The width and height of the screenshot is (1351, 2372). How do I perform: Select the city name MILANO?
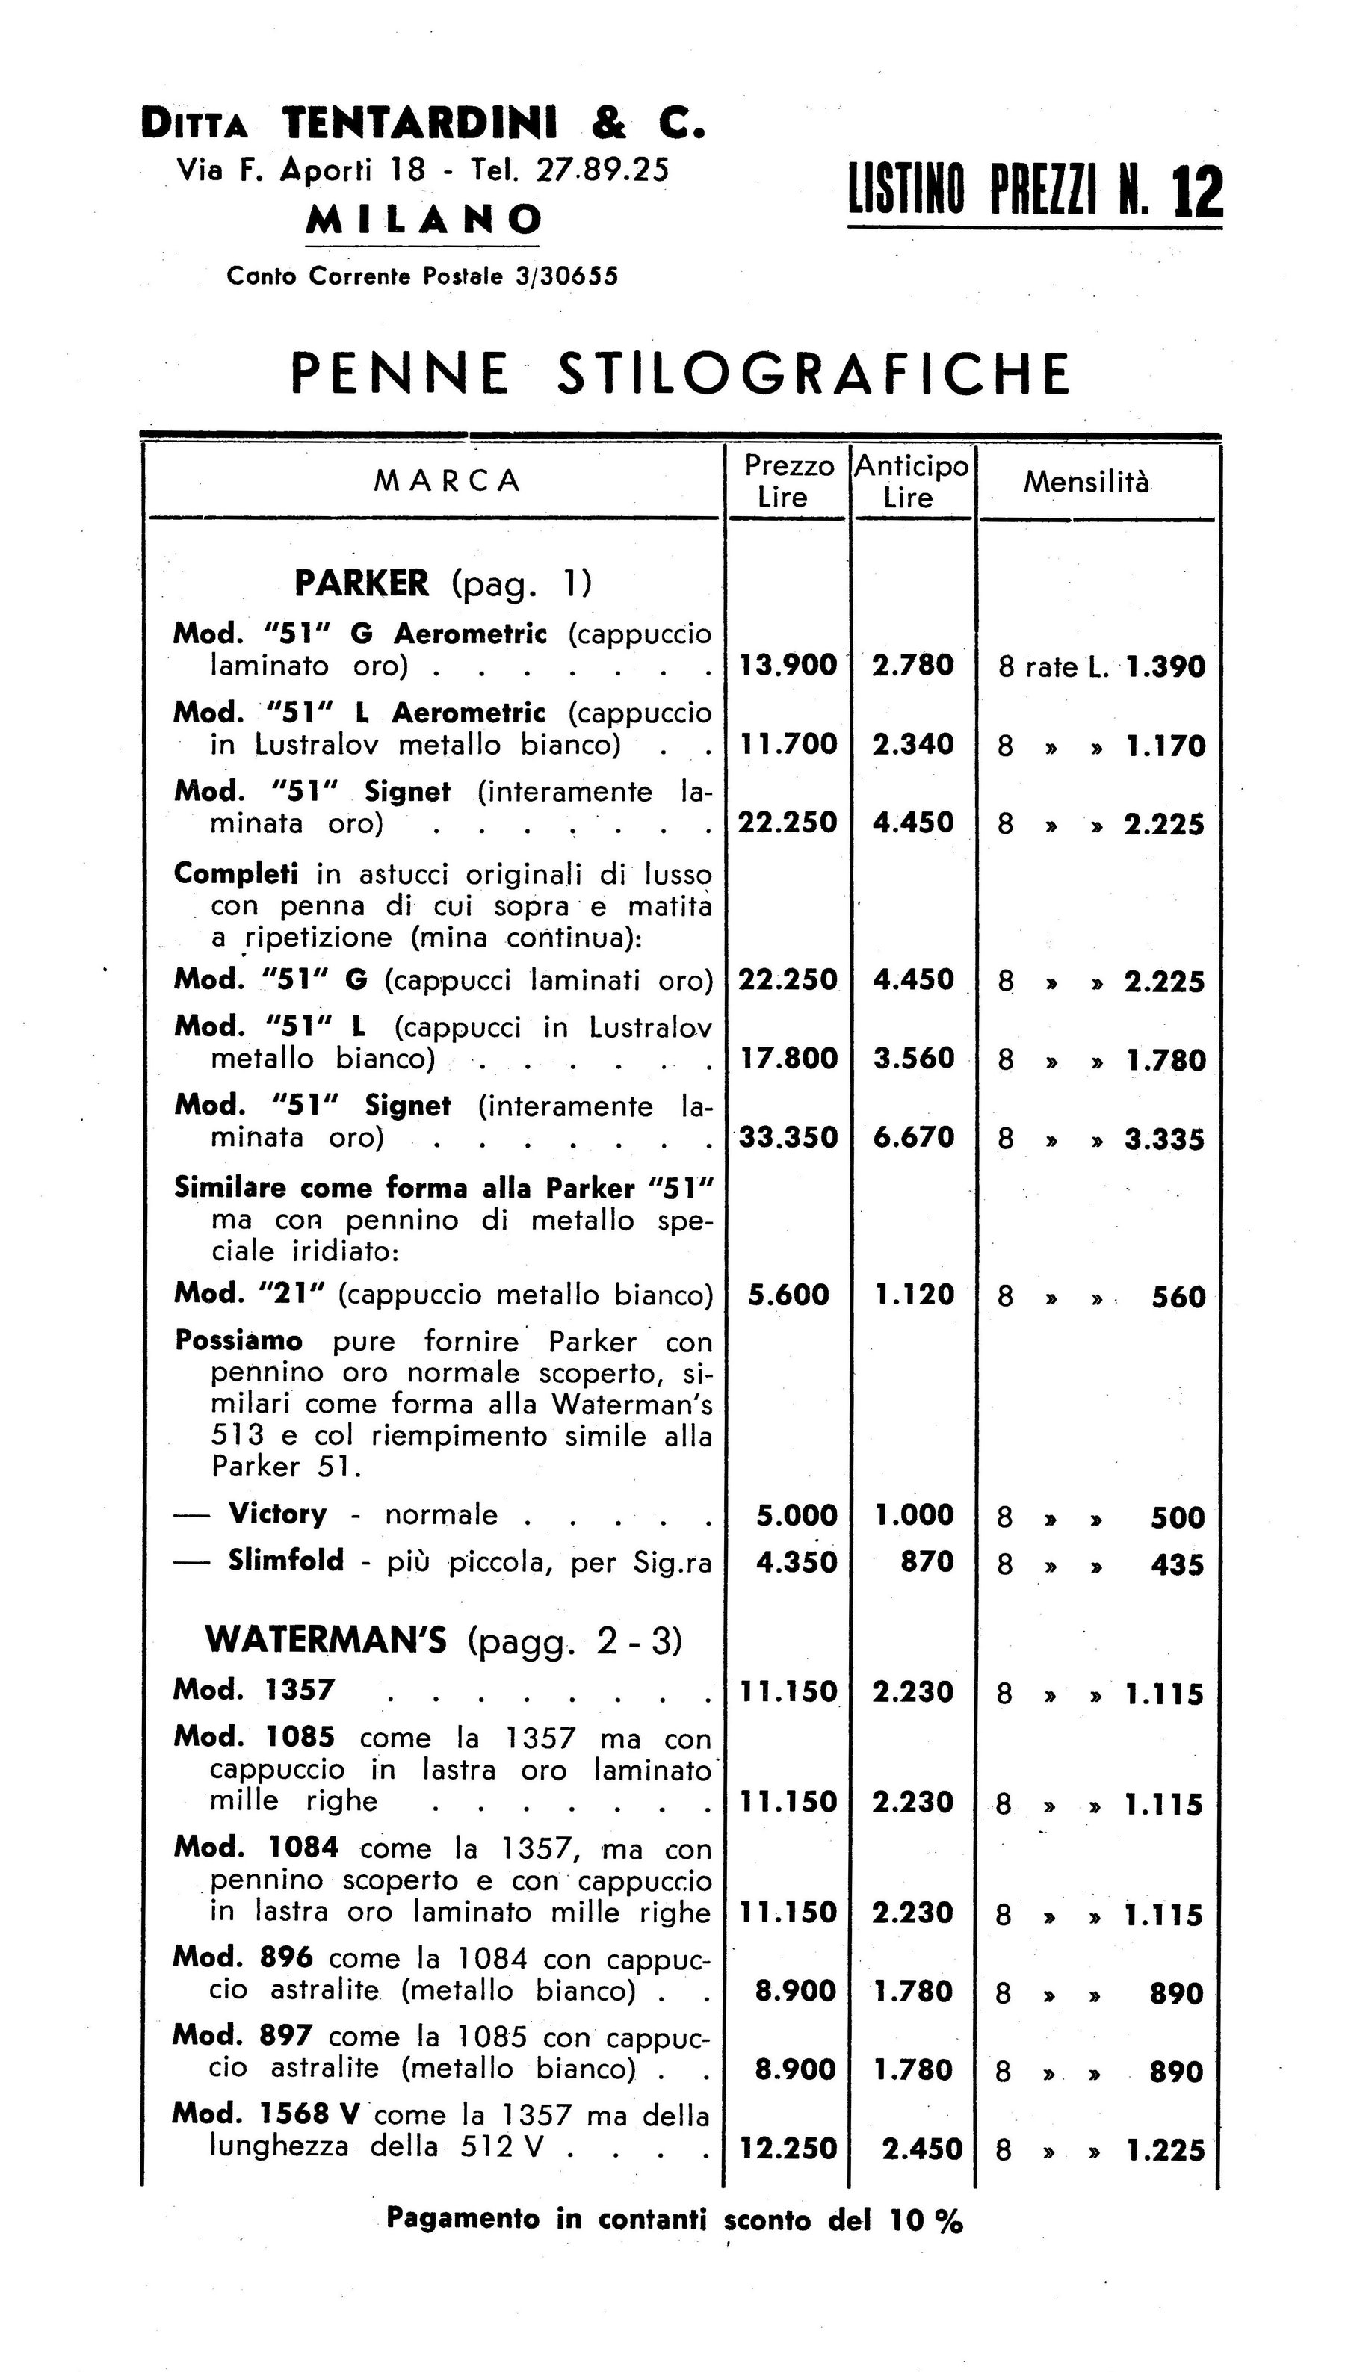424,220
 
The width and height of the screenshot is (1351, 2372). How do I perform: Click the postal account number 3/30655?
566,276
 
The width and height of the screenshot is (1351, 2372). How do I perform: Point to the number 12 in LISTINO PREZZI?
1198,193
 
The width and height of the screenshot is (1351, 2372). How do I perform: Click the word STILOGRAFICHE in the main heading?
813,373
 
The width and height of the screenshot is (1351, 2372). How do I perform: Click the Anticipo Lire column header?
911,481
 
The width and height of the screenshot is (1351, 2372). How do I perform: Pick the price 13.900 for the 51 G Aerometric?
787,665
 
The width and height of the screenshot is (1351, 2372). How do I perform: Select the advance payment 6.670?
913,1136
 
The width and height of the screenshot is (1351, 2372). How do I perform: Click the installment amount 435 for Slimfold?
1178,1566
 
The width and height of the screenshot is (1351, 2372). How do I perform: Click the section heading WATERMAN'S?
326,1639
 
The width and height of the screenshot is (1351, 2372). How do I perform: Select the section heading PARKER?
362,583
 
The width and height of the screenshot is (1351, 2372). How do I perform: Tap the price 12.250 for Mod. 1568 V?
788,2149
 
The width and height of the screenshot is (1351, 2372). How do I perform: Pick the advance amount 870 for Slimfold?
927,1562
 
